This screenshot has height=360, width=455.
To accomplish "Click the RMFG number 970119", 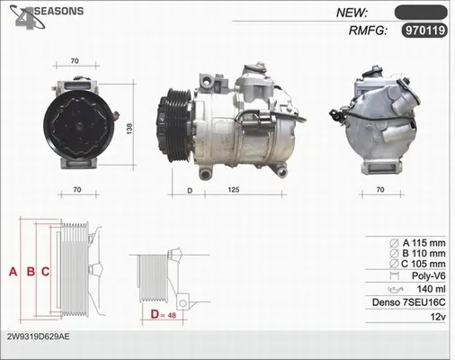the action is tap(424, 31).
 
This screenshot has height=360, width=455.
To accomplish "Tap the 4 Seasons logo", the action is tap(47, 17).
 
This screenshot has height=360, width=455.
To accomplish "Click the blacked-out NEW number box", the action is tap(421, 13).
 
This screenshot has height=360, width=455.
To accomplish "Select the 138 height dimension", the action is tap(129, 129).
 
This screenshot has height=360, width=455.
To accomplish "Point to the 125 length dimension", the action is tap(234, 190).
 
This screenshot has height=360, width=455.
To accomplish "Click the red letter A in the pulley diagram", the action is tap(13, 272).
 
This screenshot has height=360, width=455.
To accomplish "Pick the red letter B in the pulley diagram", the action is tap(31, 272).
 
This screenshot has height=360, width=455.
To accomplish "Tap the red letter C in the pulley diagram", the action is tap(45, 272).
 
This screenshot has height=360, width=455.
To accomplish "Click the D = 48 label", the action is tap(164, 315).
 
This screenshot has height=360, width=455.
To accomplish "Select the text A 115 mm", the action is tap(424, 243).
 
